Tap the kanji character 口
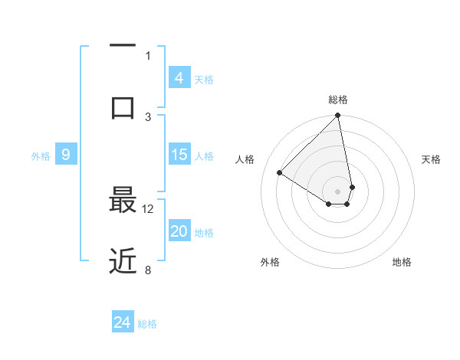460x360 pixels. pos(123,107)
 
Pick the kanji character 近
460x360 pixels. pos(123,261)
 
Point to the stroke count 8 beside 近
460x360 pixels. pos(148,269)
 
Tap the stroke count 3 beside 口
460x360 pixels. pos(148,116)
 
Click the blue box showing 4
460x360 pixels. pos(179,78)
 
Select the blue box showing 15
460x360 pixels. pos(179,155)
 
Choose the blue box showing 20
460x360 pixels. pos(179,231)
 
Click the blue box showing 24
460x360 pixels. pos(123,322)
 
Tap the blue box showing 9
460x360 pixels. pos(66,155)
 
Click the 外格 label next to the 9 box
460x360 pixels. pos(41,156)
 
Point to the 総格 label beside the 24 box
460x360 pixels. pos(147,324)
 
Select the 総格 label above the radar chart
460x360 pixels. pos(337,100)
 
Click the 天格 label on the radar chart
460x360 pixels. pos(431,159)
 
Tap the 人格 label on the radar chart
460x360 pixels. pos(245,159)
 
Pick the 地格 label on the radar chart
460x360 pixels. pos(402,262)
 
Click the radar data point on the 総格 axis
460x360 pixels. pos(337,116)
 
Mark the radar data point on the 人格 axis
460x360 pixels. pos(280,173)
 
